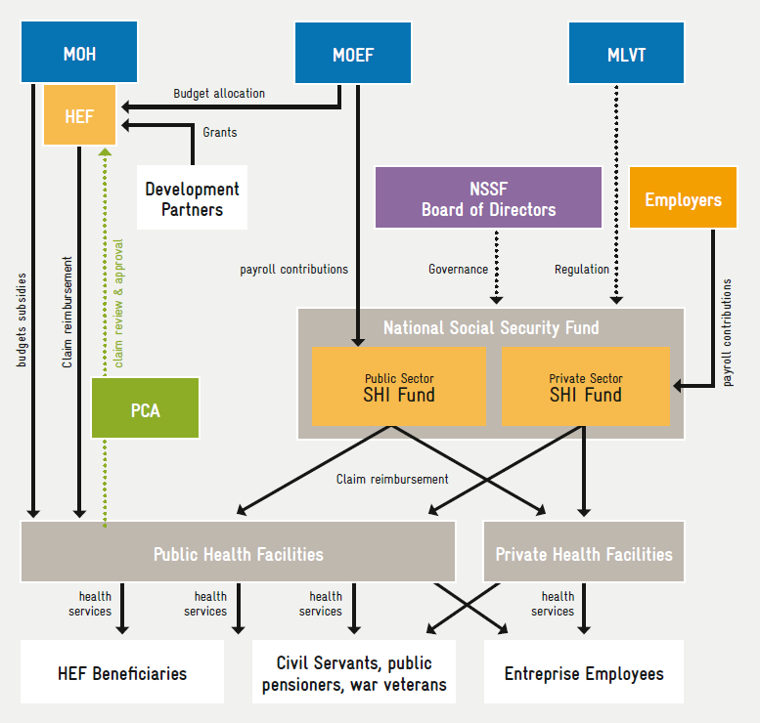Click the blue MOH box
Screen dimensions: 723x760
click(79, 53)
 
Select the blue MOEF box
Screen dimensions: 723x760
click(353, 53)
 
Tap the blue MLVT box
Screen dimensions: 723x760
click(626, 53)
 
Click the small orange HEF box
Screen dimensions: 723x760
click(79, 115)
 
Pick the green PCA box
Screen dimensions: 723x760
click(145, 408)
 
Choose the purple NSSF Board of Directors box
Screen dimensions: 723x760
click(488, 198)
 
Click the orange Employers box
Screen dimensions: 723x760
click(683, 199)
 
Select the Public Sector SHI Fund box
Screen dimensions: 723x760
click(399, 387)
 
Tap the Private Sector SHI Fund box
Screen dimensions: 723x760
click(585, 387)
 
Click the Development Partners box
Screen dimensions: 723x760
click(192, 198)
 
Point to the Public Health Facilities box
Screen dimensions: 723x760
click(238, 554)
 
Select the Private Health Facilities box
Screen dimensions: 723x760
click(584, 554)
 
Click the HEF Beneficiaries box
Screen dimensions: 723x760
click(121, 673)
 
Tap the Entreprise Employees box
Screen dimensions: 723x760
click(584, 673)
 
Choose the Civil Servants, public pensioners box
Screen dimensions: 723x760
click(353, 674)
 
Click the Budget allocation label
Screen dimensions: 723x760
click(219, 94)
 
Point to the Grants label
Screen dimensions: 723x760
click(219, 132)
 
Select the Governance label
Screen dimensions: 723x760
click(458, 269)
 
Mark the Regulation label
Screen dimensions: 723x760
click(581, 269)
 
